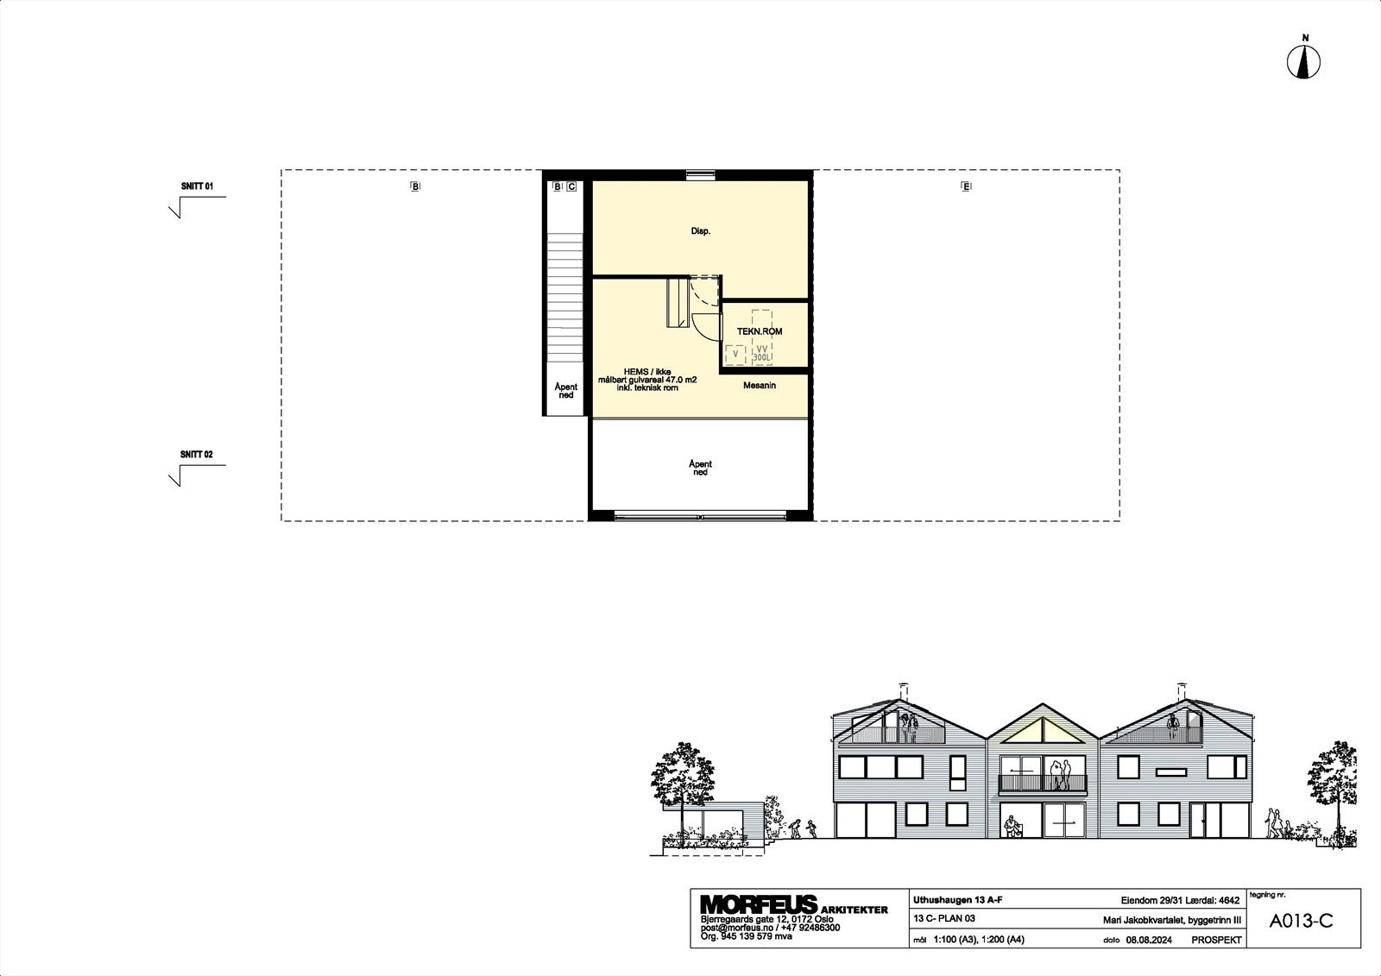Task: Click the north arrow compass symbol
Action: pyautogui.click(x=1305, y=62)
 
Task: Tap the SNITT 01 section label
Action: pyautogui.click(x=196, y=186)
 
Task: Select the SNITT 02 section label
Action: pyautogui.click(x=196, y=455)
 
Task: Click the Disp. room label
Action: pyautogui.click(x=700, y=231)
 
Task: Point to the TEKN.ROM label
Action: pyautogui.click(x=760, y=331)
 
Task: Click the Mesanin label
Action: pyautogui.click(x=760, y=386)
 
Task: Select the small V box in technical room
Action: pyautogui.click(x=735, y=353)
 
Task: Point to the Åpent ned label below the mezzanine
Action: pyautogui.click(x=700, y=469)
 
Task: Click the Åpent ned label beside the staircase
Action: pyautogui.click(x=565, y=391)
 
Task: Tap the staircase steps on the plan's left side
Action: pyautogui.click(x=565, y=302)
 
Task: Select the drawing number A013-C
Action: pyautogui.click(x=1301, y=921)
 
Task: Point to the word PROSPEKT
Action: pyautogui.click(x=1216, y=940)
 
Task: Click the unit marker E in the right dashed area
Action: pyautogui.click(x=966, y=186)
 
